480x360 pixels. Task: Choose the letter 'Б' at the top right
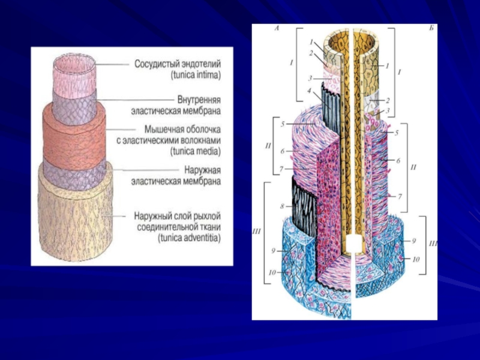430,28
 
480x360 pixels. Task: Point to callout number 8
281,206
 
